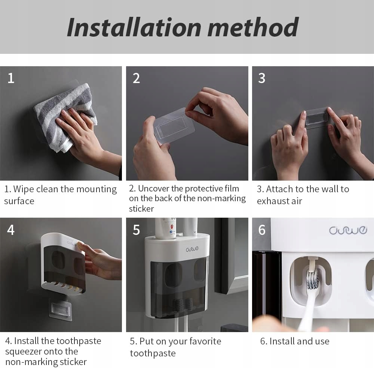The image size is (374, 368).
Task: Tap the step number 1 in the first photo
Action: tap(11, 78)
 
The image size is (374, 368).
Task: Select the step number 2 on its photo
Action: tap(136, 78)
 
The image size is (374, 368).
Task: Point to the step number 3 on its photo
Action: tap(262, 78)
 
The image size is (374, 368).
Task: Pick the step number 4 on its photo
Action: tap(11, 230)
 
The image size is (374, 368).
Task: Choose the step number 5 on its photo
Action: tap(136, 230)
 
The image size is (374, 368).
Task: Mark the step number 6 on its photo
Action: tap(262, 230)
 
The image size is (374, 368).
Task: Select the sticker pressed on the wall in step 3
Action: tap(316, 118)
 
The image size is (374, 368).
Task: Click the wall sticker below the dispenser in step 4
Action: tap(60, 310)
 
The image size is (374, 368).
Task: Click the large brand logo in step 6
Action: tap(348, 230)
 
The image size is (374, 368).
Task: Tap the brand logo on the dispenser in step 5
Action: tap(192, 249)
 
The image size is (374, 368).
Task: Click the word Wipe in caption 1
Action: tap(24, 189)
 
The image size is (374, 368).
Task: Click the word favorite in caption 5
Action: tap(205, 341)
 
